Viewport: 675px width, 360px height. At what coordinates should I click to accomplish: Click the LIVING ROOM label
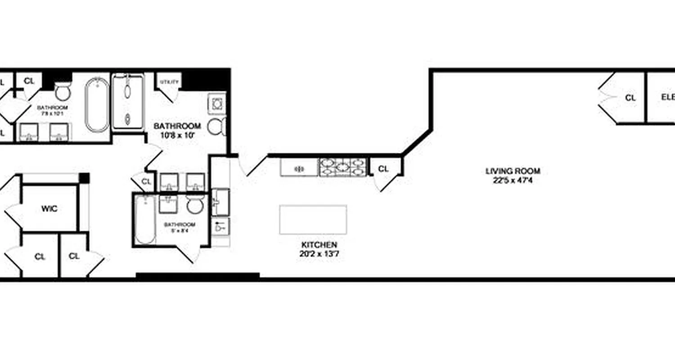(513, 171)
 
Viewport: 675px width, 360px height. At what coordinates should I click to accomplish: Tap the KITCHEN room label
(319, 245)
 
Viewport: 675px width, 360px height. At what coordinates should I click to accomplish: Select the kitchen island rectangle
(313, 220)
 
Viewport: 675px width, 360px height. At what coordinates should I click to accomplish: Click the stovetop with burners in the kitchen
(343, 167)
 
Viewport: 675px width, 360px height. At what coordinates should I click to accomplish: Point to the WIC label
(49, 209)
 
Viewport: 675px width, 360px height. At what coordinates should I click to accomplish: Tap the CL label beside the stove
(383, 169)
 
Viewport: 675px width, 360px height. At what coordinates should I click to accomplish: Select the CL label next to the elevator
(630, 97)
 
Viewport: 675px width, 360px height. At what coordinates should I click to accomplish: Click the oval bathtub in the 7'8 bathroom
(97, 105)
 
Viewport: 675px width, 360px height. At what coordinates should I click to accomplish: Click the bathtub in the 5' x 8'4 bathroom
(145, 220)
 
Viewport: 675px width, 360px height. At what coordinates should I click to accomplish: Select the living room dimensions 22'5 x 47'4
(513, 180)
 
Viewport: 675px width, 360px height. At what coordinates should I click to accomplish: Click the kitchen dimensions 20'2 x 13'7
(319, 254)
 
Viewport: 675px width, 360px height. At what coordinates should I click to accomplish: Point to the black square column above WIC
(84, 178)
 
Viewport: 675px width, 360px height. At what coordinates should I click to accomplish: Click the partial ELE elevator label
(667, 97)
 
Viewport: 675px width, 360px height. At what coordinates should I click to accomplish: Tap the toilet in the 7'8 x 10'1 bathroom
(63, 92)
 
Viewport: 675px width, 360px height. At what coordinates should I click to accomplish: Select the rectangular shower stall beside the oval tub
(128, 102)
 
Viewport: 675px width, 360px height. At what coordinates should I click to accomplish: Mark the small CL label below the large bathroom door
(146, 182)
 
